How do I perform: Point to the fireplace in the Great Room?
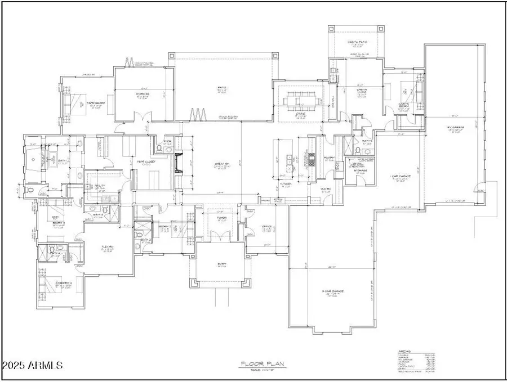coord(179,163)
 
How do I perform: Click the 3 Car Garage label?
coord(333,291)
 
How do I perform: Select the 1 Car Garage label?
coord(401,178)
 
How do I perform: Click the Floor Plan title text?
coord(256,364)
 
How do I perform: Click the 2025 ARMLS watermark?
coord(32,366)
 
